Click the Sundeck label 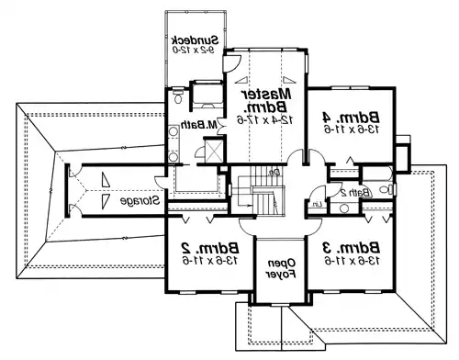[194, 40]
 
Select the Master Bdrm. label [267, 102]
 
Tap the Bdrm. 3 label [347, 248]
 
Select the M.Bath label [205, 126]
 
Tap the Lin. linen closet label [315, 203]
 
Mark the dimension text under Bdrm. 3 [348, 262]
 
